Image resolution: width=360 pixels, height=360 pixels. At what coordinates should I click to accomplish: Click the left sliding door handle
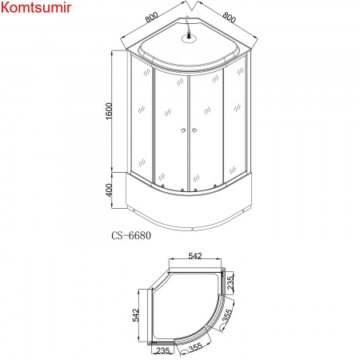tap(183, 131)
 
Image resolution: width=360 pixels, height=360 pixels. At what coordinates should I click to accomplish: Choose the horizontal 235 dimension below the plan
tap(165, 350)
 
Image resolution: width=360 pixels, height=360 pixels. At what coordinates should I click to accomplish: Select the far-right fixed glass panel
tap(239, 120)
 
